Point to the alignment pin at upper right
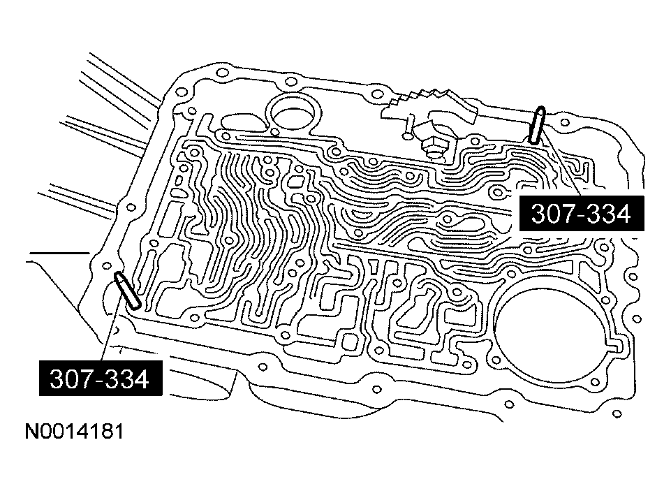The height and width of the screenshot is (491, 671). tap(537, 124)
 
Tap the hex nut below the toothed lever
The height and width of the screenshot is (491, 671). tap(432, 146)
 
